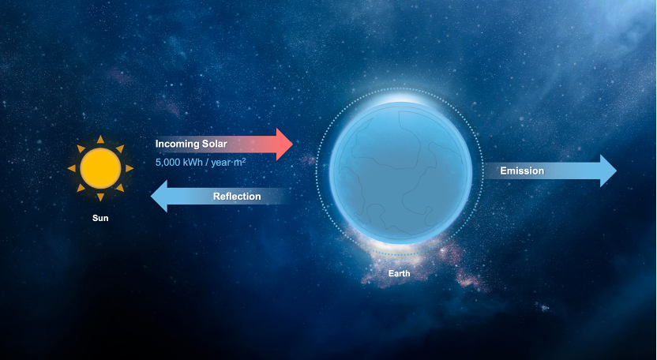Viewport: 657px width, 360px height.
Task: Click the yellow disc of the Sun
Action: [100, 168]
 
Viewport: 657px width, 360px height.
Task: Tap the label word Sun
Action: [100, 218]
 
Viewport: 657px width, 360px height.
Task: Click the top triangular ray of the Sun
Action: [100, 140]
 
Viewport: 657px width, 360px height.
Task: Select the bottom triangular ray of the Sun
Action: [100, 197]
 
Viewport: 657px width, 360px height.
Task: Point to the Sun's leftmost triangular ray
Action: [72, 168]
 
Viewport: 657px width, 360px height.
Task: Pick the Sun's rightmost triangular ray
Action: [130, 168]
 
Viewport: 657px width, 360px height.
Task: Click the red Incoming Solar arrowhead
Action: [284, 144]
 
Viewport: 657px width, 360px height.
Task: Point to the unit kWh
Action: [193, 162]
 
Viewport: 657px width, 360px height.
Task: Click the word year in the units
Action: [220, 162]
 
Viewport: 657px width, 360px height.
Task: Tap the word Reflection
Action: [237, 196]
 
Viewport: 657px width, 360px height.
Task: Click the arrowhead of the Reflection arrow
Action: [159, 196]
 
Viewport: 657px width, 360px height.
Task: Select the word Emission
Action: [522, 171]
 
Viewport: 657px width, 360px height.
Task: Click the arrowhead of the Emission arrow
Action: [608, 171]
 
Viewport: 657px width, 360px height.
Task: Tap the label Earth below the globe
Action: [399, 273]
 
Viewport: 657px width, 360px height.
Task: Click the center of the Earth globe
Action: [401, 173]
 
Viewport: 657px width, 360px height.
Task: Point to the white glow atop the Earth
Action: [401, 97]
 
